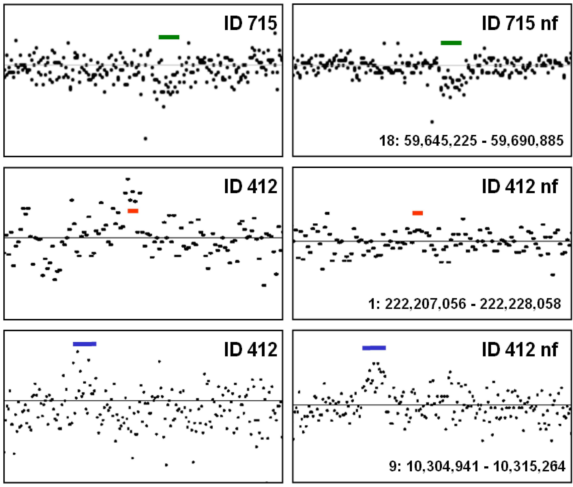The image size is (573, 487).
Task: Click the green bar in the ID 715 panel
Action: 169,37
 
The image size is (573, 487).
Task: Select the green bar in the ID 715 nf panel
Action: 451,43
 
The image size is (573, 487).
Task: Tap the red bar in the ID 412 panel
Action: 133,211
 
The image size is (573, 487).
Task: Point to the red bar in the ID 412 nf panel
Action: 417,213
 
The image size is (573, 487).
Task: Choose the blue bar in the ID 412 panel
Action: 84,344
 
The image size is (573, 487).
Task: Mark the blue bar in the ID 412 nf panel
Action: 374,348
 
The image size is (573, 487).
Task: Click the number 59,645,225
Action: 440,141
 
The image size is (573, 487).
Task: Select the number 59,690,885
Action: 527,141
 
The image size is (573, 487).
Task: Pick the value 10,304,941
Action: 443,467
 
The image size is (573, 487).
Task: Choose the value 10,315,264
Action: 529,467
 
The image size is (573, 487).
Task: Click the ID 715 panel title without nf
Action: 250,23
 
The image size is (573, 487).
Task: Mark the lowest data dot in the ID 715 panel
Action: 145,139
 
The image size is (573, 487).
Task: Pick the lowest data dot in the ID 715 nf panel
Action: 432,122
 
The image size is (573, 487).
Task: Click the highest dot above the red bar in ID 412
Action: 128,179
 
